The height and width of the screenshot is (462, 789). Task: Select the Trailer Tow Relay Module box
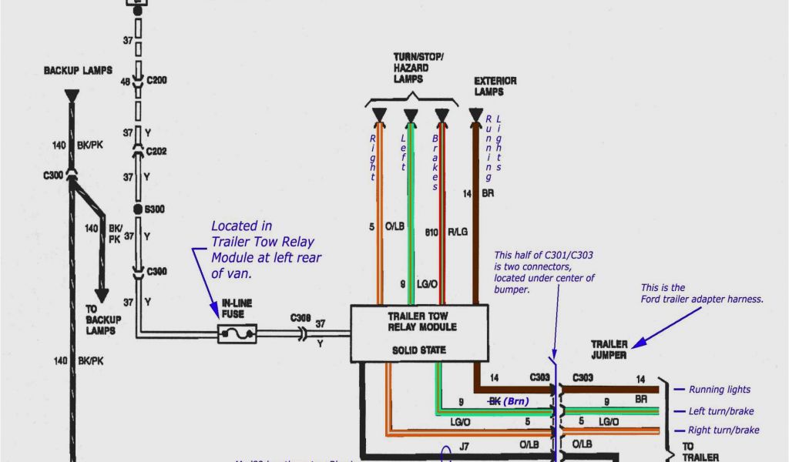(x=419, y=333)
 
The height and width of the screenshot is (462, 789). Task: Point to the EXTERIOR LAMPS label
(x=495, y=86)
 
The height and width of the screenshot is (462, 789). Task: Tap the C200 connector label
(x=156, y=79)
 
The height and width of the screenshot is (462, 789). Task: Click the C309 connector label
(x=300, y=316)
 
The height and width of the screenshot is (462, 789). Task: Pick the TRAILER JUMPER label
(x=609, y=349)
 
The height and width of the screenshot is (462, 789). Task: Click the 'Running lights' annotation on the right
(x=719, y=390)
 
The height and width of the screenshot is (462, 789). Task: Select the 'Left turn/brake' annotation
(x=722, y=411)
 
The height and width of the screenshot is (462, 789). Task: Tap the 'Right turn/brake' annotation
(x=724, y=430)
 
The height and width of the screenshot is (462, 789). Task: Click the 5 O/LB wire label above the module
(x=385, y=226)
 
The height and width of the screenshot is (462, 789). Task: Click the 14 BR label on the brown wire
(x=478, y=193)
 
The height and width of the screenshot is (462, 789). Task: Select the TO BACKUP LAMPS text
(x=101, y=319)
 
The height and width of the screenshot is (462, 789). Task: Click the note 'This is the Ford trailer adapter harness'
(x=701, y=293)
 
